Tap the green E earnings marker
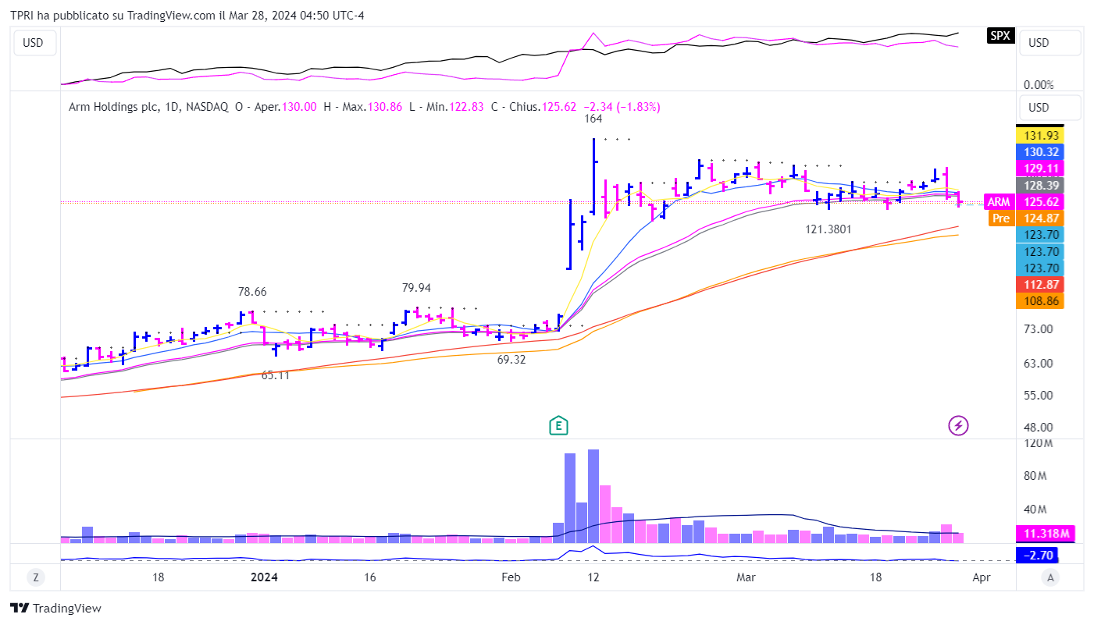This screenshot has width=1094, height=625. click(x=558, y=425)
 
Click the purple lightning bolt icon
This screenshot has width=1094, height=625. click(x=958, y=425)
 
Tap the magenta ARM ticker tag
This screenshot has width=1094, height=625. click(x=998, y=202)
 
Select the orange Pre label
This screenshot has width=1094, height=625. click(x=1000, y=218)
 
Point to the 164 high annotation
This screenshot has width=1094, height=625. click(x=593, y=119)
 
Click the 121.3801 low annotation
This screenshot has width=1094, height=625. click(x=829, y=229)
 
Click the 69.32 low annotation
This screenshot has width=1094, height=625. click(x=511, y=360)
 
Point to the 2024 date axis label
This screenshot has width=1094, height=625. click(x=264, y=577)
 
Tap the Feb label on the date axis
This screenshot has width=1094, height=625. click(x=510, y=577)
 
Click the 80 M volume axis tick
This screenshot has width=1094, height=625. click(x=1039, y=476)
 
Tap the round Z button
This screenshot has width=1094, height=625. click(x=35, y=577)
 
